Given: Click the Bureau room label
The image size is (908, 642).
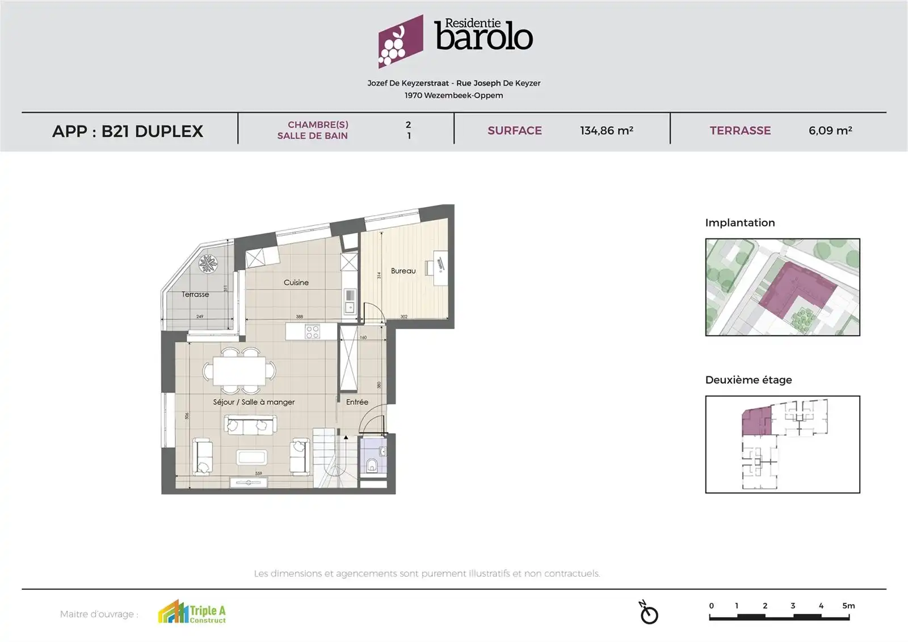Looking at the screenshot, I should [403, 271].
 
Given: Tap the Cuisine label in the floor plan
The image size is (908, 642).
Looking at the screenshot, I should [296, 283].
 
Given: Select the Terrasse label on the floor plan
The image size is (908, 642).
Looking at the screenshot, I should [195, 295].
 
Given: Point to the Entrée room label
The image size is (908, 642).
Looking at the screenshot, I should [357, 402].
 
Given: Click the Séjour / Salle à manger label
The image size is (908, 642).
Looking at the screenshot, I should [254, 402].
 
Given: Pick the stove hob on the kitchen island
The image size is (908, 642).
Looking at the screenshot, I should [312, 332].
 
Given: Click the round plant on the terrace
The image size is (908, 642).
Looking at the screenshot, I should [208, 264].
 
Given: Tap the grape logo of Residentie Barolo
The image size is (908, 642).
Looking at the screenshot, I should [400, 41].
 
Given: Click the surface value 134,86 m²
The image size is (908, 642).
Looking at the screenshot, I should [606, 131].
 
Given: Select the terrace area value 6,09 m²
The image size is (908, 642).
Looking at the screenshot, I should [830, 131].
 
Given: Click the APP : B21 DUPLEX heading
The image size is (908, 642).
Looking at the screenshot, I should [128, 131].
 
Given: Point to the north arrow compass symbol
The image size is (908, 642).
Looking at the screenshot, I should [649, 614].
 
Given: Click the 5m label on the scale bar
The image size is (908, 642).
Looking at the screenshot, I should [848, 606].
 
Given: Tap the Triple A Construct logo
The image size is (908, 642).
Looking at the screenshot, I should [192, 613].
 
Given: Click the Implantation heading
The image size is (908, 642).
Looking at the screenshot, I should [740, 223].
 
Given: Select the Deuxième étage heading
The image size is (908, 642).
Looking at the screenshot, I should [749, 380].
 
